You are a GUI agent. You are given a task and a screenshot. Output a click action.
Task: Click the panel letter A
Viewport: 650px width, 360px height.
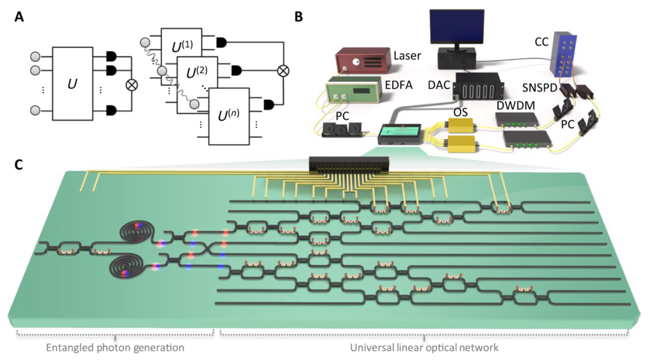coord(19,17)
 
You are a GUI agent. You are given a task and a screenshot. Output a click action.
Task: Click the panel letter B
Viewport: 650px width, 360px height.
coord(299,17)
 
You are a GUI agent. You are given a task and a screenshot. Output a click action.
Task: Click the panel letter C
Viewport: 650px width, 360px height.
coord(19,165)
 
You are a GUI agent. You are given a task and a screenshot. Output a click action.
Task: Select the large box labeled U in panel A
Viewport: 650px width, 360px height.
coord(73,84)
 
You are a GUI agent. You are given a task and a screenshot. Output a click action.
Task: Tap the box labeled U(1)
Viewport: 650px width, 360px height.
coord(182,42)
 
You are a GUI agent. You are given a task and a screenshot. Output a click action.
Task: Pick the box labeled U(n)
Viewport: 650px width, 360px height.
coord(229,116)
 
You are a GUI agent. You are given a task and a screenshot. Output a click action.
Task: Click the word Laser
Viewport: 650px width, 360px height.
coord(407,55)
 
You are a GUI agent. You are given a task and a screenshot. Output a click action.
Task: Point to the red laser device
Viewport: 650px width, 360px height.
coord(363,60)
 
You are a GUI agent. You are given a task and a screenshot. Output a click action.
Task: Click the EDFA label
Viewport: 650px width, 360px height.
coord(399,85)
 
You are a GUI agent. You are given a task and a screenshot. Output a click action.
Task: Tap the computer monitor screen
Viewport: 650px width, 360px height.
coord(456,26)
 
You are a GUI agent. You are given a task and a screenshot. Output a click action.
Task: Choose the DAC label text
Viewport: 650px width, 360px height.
coord(439,85)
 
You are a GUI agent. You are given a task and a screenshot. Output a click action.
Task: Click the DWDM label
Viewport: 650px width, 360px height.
coord(516,106)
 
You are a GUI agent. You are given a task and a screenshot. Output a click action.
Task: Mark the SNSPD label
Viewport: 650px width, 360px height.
coord(539,87)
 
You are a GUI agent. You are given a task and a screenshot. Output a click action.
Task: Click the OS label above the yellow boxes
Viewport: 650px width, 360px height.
coord(460,112)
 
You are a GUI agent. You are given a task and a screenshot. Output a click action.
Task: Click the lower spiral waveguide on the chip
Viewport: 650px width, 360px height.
coord(127,267)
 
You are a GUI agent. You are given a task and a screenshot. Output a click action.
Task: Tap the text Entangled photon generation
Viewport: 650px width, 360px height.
coord(115,347)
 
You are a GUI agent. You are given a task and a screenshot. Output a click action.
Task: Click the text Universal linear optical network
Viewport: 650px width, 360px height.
coord(424,347)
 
